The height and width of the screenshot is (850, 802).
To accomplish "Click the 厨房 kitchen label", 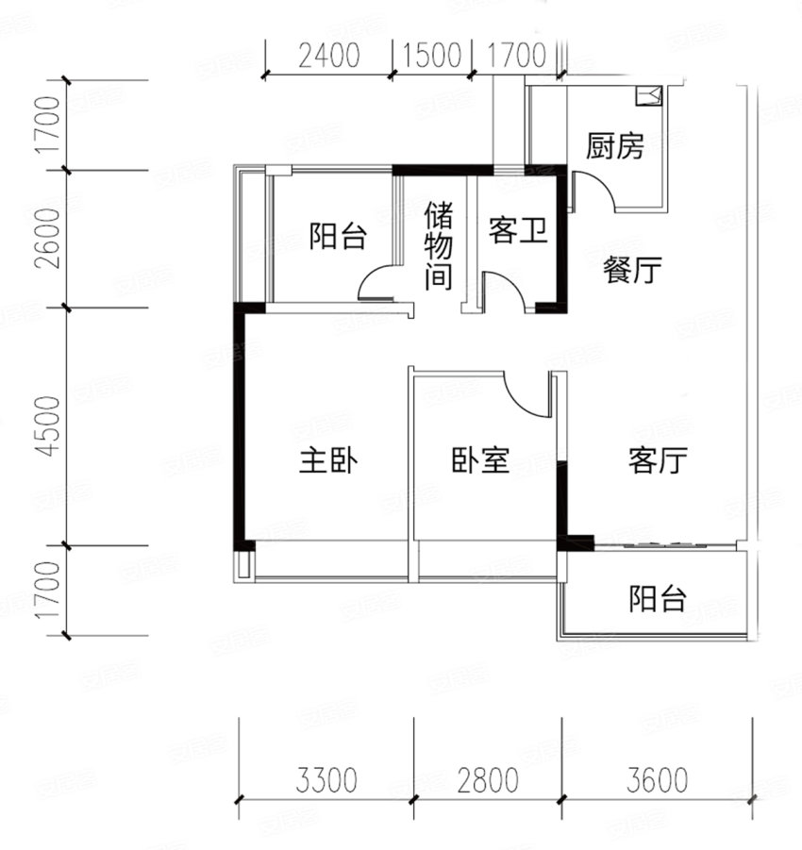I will point(614,147).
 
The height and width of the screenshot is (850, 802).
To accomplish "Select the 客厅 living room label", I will point(657,461).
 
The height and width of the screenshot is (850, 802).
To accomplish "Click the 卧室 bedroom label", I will point(480,461).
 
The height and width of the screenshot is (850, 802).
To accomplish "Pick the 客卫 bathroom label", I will point(518,231).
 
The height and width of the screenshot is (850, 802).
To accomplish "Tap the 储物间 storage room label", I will point(439,245).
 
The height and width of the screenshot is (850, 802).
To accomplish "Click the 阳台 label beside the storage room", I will point(338,236).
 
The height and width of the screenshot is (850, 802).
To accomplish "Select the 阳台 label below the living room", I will point(658,598).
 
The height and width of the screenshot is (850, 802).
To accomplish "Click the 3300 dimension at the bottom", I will point(326,781).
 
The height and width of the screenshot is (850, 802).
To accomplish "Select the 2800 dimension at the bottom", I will point(487,781).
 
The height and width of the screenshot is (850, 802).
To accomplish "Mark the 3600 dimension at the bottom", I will point(655,781).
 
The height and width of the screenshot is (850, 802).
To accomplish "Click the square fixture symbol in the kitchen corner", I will point(651,93).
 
